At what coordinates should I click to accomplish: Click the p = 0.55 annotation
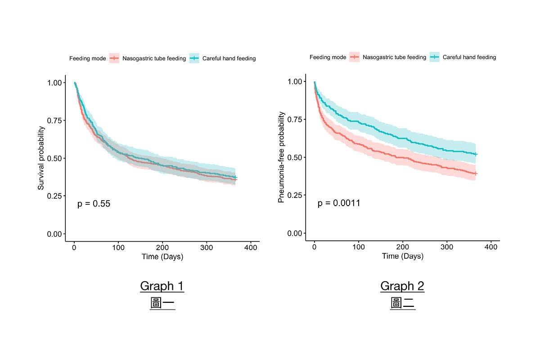coord(94,204)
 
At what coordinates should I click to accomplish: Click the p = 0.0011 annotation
coord(339,203)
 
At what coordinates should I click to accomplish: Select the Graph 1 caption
coord(162,286)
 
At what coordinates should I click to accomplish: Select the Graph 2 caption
coord(402,286)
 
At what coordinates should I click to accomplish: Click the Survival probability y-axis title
coord(41,158)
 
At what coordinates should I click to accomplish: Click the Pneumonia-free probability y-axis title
coord(281,157)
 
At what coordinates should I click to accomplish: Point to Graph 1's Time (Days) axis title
coord(162,257)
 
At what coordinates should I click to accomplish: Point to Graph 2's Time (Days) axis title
coord(403,256)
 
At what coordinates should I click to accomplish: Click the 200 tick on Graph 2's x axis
coord(403,247)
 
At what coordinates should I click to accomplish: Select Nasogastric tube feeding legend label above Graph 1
coord(154,58)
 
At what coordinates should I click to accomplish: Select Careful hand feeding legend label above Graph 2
coord(469,57)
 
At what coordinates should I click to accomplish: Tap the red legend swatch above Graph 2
coord(355,57)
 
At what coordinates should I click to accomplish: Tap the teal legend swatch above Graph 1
coord(194,58)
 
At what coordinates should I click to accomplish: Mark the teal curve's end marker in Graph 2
coord(476,154)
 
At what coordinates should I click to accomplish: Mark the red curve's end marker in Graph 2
coord(476,173)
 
